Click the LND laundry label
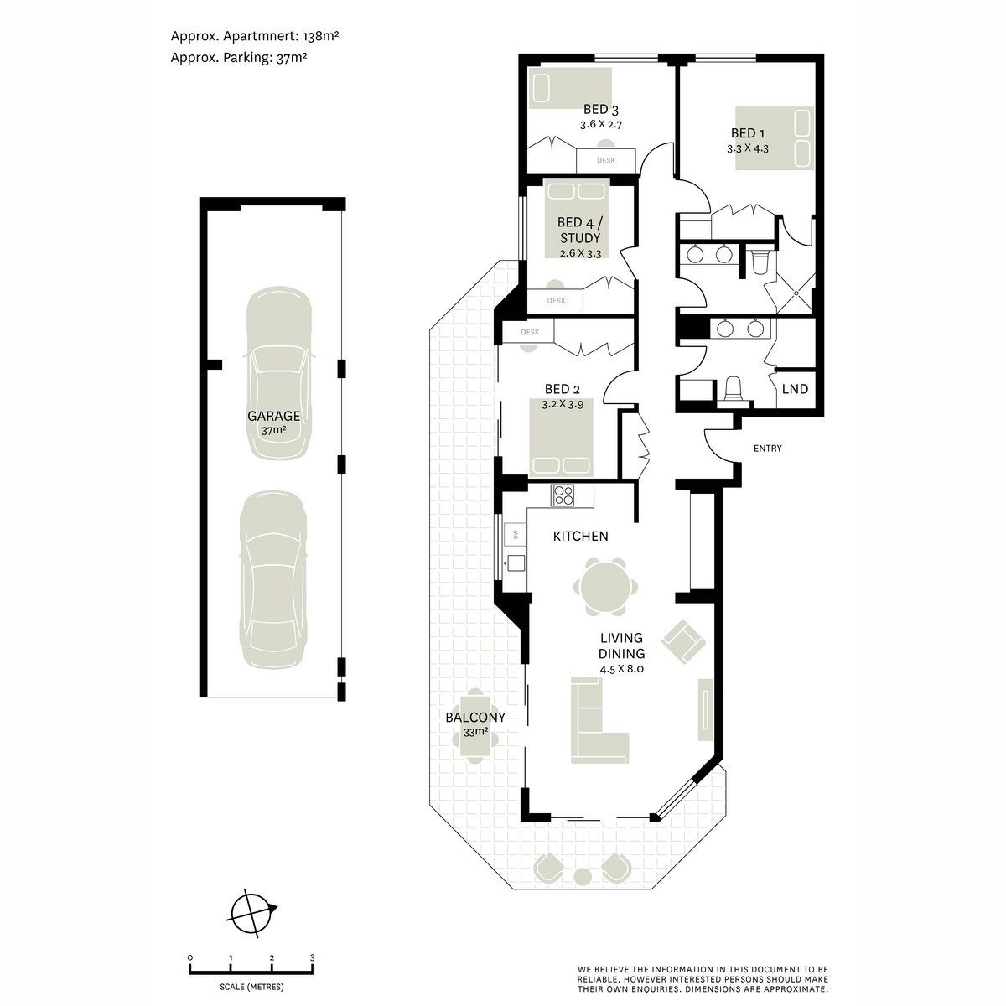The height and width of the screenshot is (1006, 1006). (x=795, y=389)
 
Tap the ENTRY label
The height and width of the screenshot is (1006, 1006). (x=767, y=449)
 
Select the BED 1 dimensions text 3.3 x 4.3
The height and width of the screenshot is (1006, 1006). (x=748, y=148)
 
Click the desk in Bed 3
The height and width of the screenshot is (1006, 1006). (x=606, y=160)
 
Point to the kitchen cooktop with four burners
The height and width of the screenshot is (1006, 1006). (x=563, y=495)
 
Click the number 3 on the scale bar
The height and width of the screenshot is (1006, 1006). (x=312, y=957)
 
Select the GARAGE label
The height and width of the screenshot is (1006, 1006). (x=273, y=416)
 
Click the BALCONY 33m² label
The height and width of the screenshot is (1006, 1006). (x=475, y=724)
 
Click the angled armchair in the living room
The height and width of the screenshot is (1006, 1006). (x=684, y=641)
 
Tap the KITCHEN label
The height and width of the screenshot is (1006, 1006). (x=580, y=536)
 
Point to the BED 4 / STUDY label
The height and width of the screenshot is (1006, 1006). (x=579, y=231)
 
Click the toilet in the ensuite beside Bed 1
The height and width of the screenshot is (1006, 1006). (x=760, y=262)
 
